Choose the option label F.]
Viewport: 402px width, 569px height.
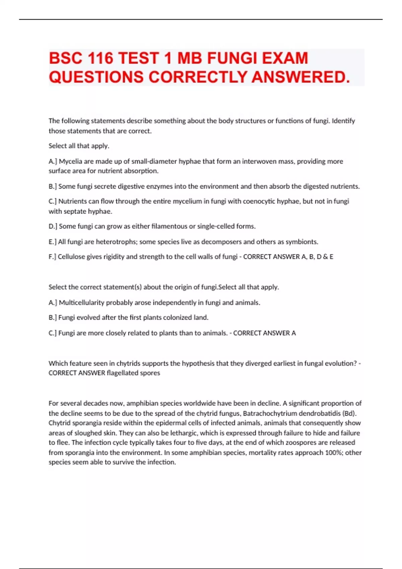click(x=53, y=257)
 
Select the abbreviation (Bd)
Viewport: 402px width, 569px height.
click(x=348, y=413)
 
